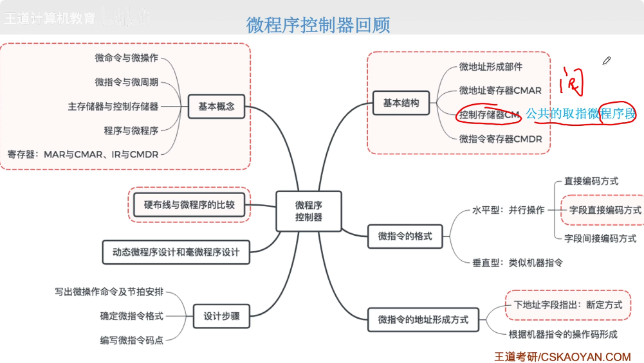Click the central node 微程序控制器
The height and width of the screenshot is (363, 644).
click(309, 211)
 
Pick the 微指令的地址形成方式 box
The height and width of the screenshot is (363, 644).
click(423, 319)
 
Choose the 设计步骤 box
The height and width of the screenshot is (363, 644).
click(221, 316)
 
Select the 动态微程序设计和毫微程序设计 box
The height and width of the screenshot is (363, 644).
click(176, 252)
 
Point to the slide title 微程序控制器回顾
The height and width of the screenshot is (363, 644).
click(318, 24)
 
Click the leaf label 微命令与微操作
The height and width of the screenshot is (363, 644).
click(127, 58)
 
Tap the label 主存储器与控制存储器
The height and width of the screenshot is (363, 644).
click(113, 106)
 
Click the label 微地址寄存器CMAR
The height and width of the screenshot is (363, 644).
click(500, 91)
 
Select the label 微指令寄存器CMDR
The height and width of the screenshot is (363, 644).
click(500, 138)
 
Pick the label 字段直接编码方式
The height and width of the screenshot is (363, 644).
click(605, 210)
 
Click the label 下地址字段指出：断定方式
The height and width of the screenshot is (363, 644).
click(568, 305)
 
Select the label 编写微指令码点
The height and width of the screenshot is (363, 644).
click(132, 340)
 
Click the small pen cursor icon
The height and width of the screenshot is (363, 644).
click(606, 61)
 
